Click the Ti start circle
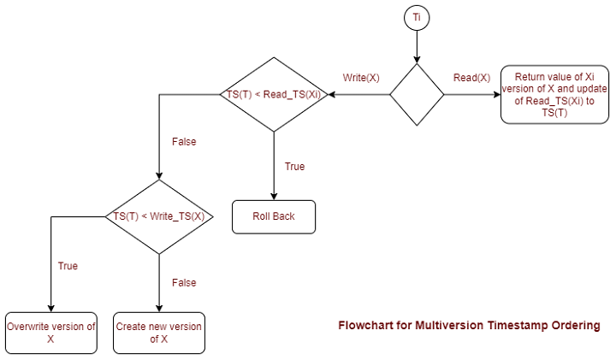coord(417,18)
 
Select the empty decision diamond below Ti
coord(417,94)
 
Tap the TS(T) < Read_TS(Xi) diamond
coord(273,94)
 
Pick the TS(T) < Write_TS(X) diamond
coord(159,216)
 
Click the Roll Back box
coord(274,216)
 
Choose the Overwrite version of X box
coord(51,333)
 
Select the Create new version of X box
coord(159,333)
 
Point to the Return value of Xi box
coord(554,94)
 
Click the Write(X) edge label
coord(361,78)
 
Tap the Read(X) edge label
coord(471,78)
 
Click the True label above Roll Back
coord(294,167)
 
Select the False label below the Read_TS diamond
coord(184,142)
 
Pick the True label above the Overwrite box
coord(68,266)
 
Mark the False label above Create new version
coord(184,283)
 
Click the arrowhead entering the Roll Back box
coord(274,197)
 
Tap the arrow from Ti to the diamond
coord(417,46)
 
